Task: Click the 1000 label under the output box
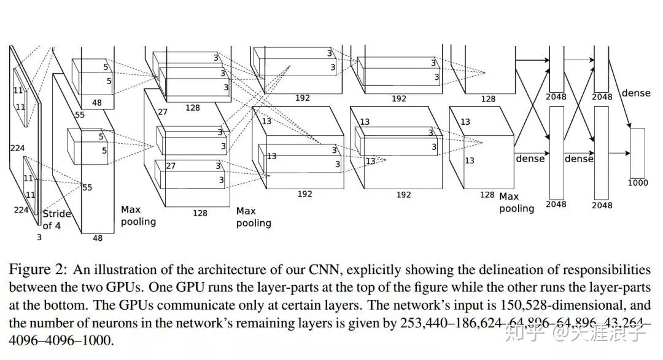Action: click(637, 182)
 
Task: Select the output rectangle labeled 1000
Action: click(637, 152)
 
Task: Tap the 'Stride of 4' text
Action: click(56, 219)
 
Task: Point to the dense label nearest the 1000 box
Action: click(636, 93)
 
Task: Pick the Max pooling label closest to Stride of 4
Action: click(138, 216)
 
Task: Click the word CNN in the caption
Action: click(322, 270)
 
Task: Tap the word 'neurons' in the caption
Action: click(110, 323)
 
